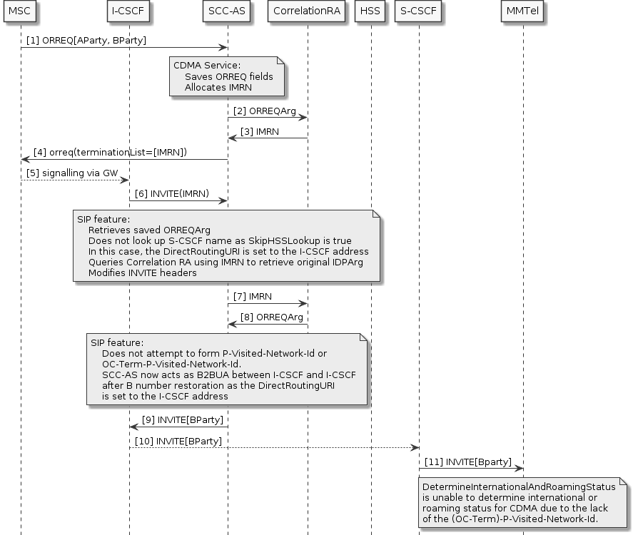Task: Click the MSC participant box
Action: coord(20,12)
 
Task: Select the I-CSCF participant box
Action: coord(129,12)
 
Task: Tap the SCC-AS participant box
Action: coord(227,12)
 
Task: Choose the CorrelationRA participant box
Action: coord(307,12)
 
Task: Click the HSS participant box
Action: coord(370,12)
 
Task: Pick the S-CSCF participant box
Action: coord(419,12)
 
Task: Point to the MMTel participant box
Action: coord(523,12)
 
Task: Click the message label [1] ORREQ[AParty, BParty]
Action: coord(86,41)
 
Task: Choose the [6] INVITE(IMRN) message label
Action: coord(175,193)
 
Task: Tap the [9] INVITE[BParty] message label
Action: coord(182,419)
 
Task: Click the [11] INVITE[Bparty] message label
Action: coord(467,462)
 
